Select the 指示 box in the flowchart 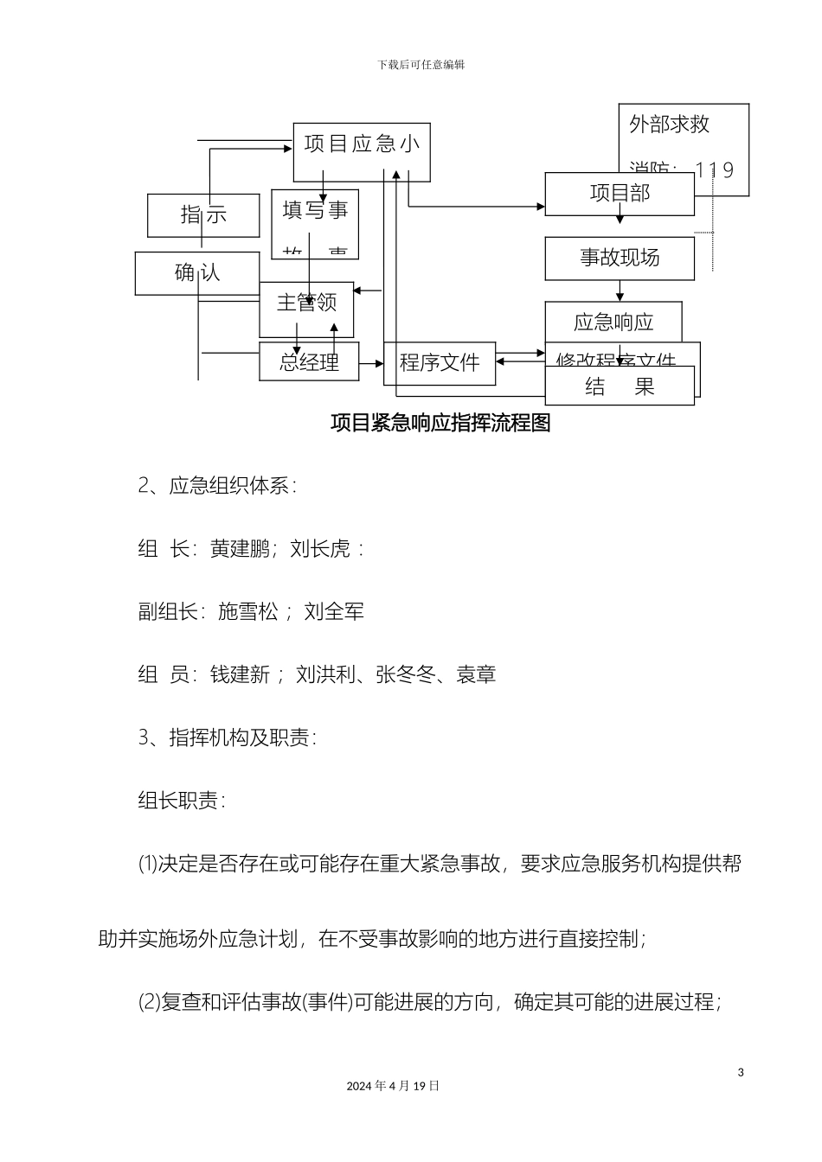coord(203,215)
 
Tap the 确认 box coord(197,273)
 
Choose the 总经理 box coord(309,361)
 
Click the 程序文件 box coord(440,363)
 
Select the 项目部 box coord(620,194)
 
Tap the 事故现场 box coord(620,259)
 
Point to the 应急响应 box coord(613,322)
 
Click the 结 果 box coord(620,386)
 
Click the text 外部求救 coord(670,124)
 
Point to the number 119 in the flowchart coord(715,170)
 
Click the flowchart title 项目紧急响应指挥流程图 coord(441,423)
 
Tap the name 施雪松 coord(247,612)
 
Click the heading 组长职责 coord(179,801)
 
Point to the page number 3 coord(741,1073)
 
